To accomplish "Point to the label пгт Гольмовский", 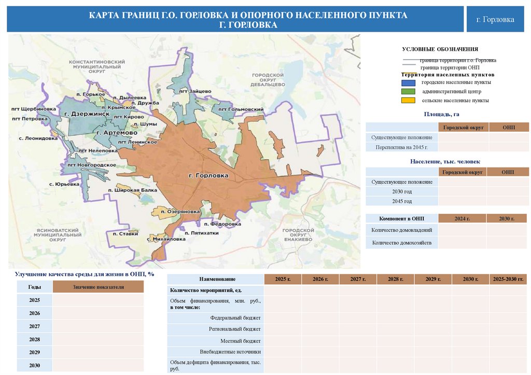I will (x=241, y=109).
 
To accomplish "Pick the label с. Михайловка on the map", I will (x=166, y=240).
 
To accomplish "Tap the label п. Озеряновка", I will (x=180, y=212).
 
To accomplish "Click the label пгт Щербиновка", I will (x=33, y=109).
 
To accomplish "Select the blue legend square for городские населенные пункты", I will (x=408, y=82).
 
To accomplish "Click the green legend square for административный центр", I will (x=408, y=91).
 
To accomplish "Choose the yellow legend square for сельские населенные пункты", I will (x=408, y=101).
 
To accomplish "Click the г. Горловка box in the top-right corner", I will (x=495, y=20).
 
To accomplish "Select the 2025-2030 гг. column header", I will (x=508, y=280).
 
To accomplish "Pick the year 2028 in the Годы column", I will (x=35, y=339).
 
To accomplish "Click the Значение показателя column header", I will (x=98, y=287).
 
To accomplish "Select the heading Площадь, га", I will (x=442, y=114).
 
